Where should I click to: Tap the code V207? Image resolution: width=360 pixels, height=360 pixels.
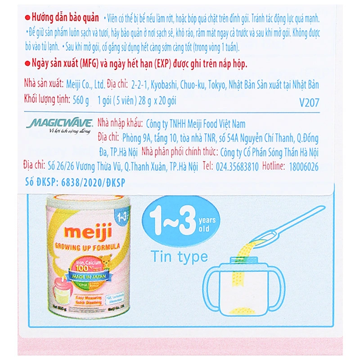click(309, 103)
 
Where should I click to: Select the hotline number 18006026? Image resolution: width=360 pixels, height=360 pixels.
click(303, 167)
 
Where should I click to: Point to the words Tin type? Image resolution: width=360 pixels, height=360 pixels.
click(179, 256)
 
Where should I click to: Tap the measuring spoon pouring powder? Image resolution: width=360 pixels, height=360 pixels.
click(288, 225)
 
